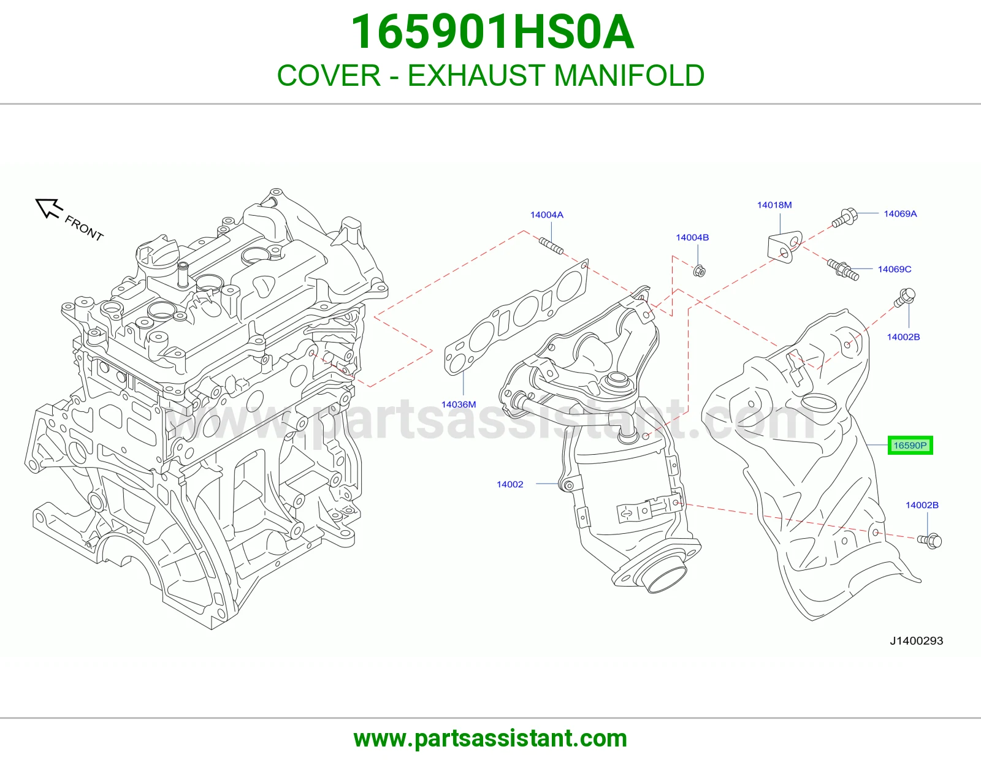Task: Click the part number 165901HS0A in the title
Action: pyautogui.click(x=492, y=32)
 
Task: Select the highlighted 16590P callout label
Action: pyautogui.click(x=910, y=446)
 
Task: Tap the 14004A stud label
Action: pyautogui.click(x=547, y=215)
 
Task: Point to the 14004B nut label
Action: pyautogui.click(x=692, y=237)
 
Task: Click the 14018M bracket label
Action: pyautogui.click(x=774, y=205)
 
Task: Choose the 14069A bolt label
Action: pyautogui.click(x=900, y=214)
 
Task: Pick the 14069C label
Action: pyautogui.click(x=895, y=270)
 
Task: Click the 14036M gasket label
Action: pyautogui.click(x=459, y=405)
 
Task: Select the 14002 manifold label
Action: pyautogui.click(x=510, y=484)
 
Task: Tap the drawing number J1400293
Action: pyautogui.click(x=917, y=641)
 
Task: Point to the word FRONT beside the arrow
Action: pyautogui.click(x=84, y=228)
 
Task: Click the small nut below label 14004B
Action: pyautogui.click(x=700, y=271)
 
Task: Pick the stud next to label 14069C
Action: pyautogui.click(x=843, y=270)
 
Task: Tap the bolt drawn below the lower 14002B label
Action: pyautogui.click(x=929, y=541)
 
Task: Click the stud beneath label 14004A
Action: pyautogui.click(x=551, y=246)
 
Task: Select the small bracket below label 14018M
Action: pyautogui.click(x=785, y=247)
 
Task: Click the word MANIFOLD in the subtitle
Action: pyautogui.click(x=629, y=75)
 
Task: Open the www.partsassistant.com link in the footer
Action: pyautogui.click(x=490, y=739)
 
